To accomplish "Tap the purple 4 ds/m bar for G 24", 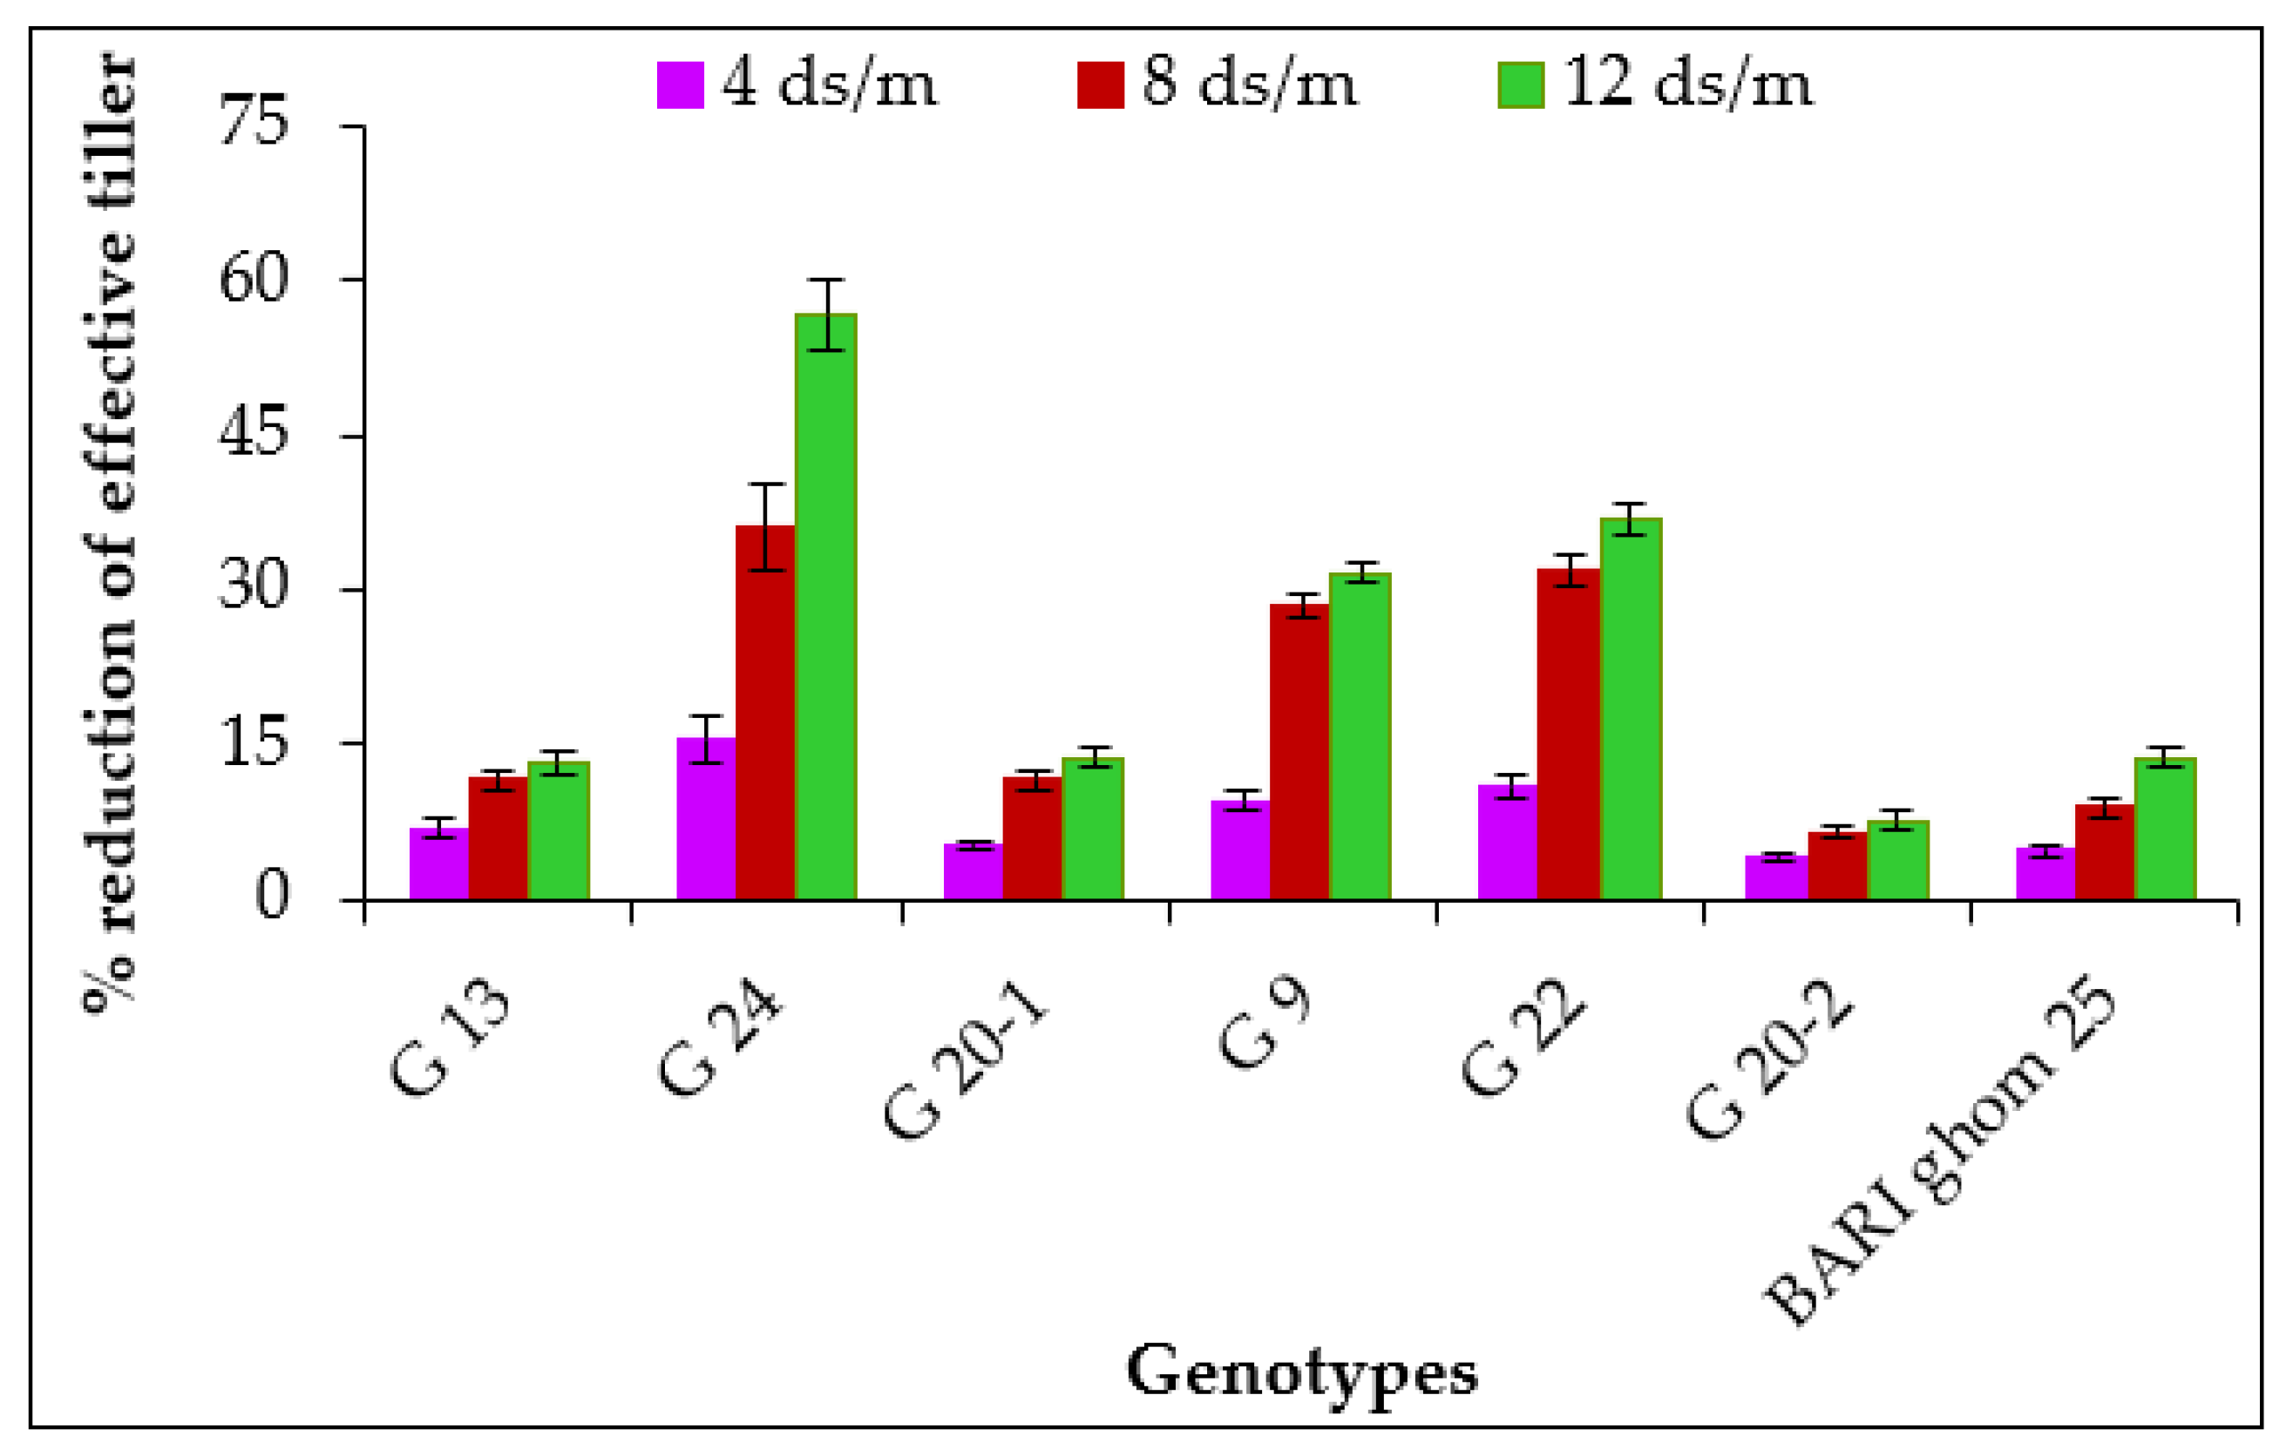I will tap(706, 819).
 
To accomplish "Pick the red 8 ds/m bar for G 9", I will tap(1299, 751).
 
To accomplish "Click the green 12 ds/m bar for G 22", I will tap(1631, 708).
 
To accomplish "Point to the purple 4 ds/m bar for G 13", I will tap(439, 863).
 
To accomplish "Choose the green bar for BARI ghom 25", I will tap(2164, 829).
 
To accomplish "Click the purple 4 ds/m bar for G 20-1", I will tap(973, 871).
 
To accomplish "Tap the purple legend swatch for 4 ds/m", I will tap(680, 85).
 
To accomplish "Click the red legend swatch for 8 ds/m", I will tap(1100, 85).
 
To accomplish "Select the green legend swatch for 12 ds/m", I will tap(1521, 85).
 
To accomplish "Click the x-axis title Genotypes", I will tap(1302, 1372).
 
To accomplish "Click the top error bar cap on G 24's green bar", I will tap(826, 280).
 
